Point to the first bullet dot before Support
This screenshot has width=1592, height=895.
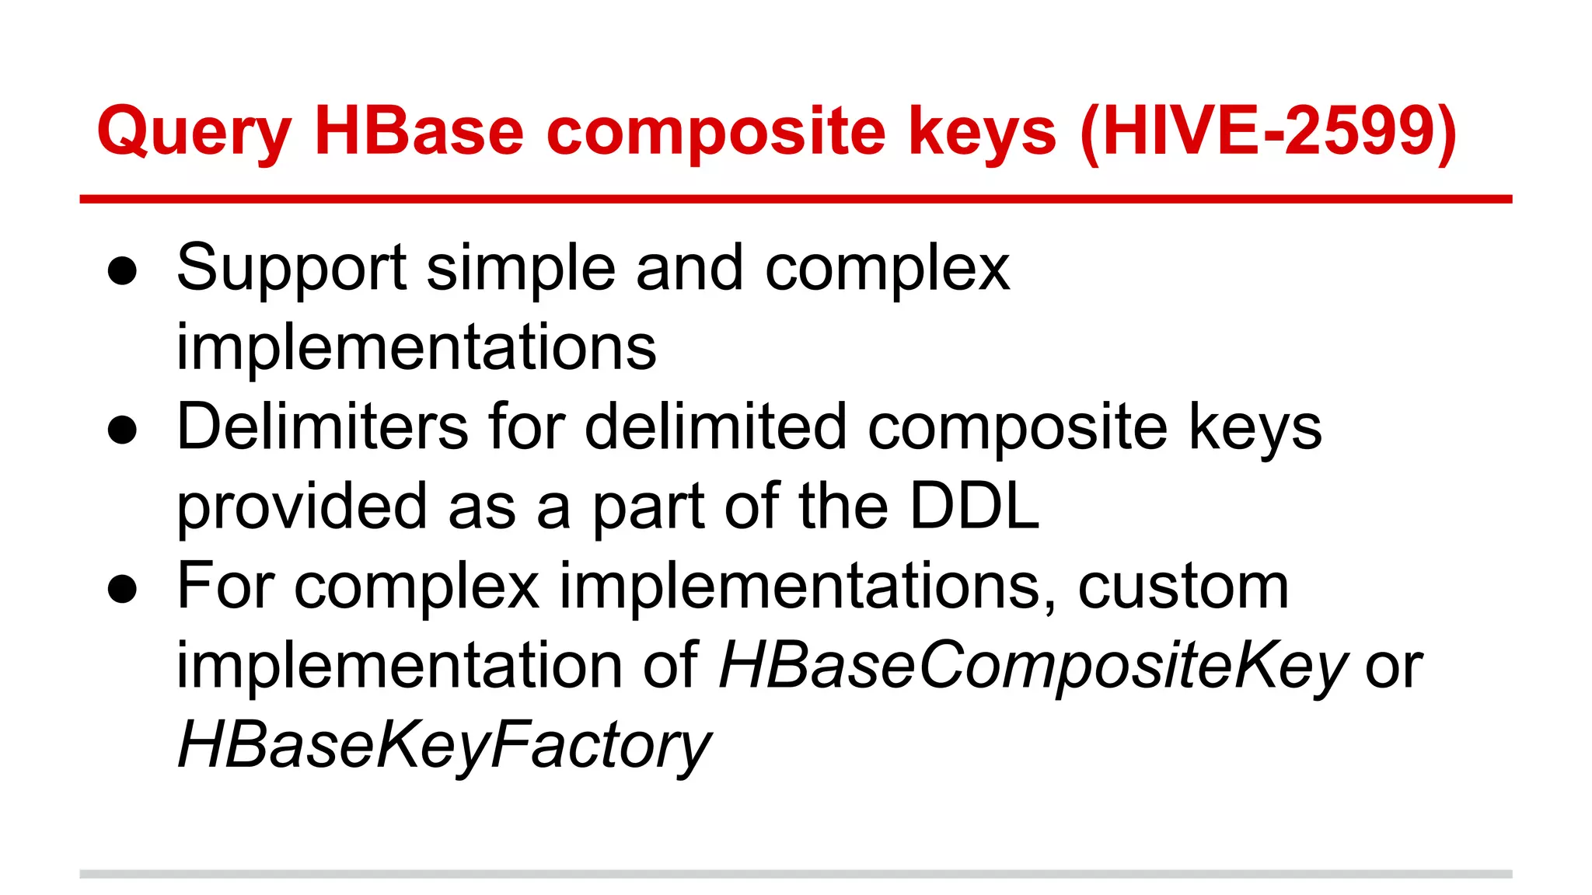(123, 272)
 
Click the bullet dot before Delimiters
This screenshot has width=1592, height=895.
(123, 430)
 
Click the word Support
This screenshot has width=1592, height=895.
(292, 269)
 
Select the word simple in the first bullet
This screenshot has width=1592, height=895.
(521, 269)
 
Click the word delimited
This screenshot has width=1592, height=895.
(715, 427)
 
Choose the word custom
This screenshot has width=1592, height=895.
(1183, 587)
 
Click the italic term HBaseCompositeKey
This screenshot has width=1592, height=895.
(1032, 667)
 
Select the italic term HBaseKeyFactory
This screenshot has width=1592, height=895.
(443, 746)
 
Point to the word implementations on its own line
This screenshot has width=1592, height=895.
(416, 348)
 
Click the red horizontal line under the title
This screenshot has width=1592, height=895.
(795, 200)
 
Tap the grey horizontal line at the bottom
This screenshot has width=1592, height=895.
(795, 874)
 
